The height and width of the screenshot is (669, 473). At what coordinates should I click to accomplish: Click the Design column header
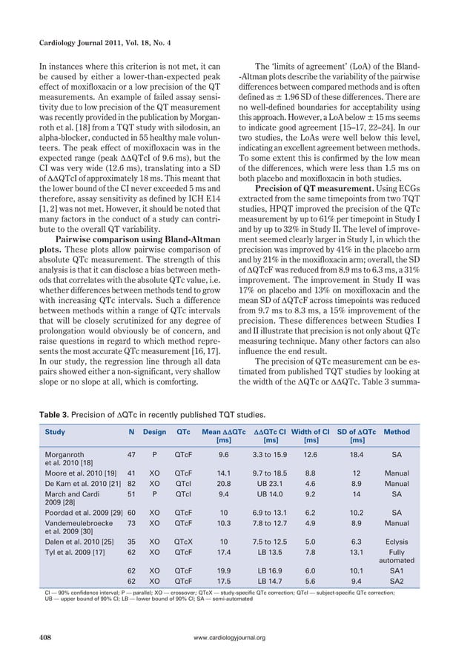(154, 430)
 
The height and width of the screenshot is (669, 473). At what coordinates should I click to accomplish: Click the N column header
(130, 430)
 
